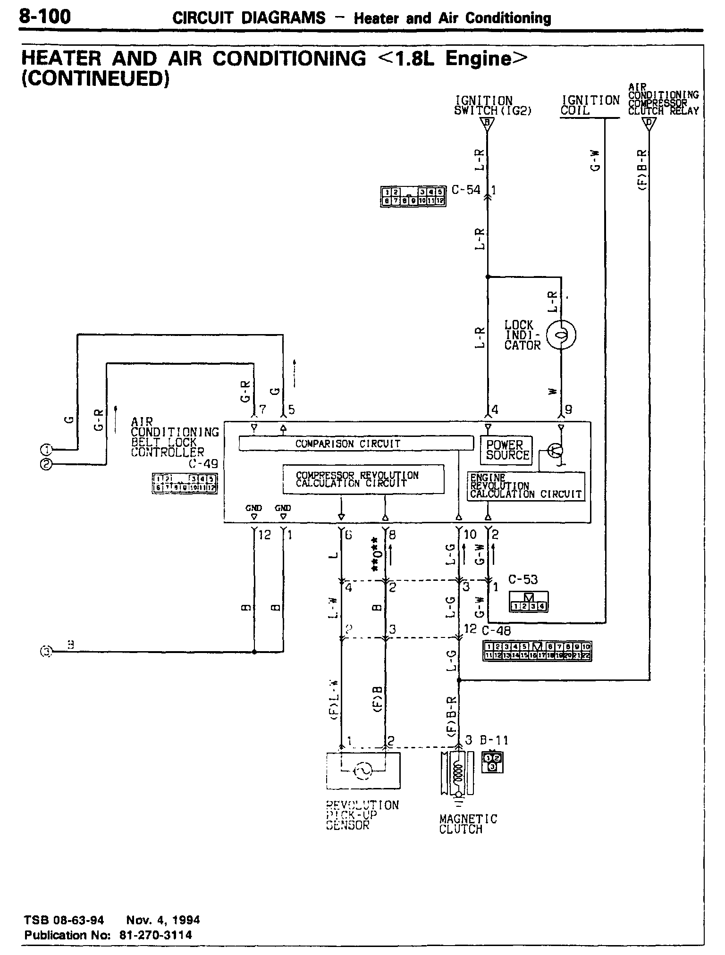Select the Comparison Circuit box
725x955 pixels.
356,444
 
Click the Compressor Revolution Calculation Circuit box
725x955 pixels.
363,479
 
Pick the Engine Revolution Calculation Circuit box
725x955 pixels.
525,486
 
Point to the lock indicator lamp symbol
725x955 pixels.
561,335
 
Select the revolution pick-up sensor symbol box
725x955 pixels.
363,771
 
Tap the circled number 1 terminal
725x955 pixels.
45,449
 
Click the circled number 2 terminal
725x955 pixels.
45,464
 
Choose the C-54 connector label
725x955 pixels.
465,190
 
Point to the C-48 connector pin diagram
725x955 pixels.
537,651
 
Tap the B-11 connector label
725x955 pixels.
494,740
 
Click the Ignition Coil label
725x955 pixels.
590,105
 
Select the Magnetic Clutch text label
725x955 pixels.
468,824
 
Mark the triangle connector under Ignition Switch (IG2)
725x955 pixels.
487,124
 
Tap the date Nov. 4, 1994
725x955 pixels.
163,920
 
